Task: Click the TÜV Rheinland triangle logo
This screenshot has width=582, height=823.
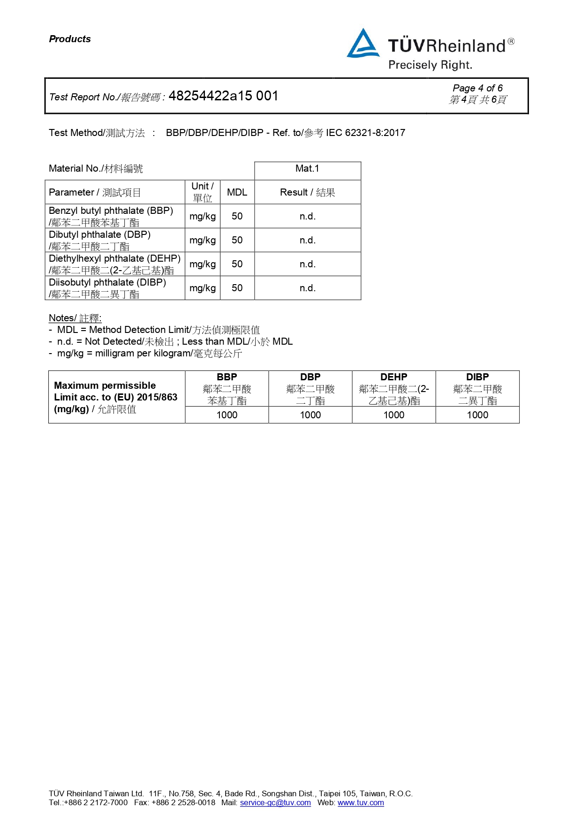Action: pyautogui.click(x=363, y=44)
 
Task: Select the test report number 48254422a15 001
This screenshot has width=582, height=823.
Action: pyautogui.click(x=223, y=96)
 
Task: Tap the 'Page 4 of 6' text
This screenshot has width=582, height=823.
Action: pyautogui.click(x=477, y=88)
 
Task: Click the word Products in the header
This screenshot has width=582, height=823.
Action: pyautogui.click(x=70, y=39)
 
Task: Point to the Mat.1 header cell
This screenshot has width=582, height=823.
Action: pyautogui.click(x=307, y=169)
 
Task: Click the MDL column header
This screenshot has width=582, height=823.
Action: pyautogui.click(x=237, y=192)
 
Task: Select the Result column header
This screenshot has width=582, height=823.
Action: pyautogui.click(x=307, y=192)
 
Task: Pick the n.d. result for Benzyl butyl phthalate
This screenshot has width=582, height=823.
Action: pyautogui.click(x=307, y=216)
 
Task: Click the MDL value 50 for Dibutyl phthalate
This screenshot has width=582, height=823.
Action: pyautogui.click(x=237, y=240)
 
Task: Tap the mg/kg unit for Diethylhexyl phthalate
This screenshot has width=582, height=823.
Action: pyautogui.click(x=203, y=264)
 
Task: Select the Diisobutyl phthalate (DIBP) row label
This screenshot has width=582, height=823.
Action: pyautogui.click(x=107, y=283)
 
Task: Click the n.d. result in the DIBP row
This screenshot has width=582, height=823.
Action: pyautogui.click(x=307, y=288)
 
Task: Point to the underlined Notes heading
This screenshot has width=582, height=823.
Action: pyautogui.click(x=75, y=318)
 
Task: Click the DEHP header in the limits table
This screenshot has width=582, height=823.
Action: pyautogui.click(x=393, y=377)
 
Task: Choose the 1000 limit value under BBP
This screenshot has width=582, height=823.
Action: pyautogui.click(x=227, y=415)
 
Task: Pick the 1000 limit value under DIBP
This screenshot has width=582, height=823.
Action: pyautogui.click(x=477, y=415)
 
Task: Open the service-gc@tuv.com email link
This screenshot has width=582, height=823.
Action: pyautogui.click(x=275, y=802)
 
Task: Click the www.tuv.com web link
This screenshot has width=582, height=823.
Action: pyautogui.click(x=361, y=802)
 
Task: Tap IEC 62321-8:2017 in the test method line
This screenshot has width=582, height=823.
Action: pyautogui.click(x=365, y=133)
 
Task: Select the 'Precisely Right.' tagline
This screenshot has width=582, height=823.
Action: pyautogui.click(x=430, y=65)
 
